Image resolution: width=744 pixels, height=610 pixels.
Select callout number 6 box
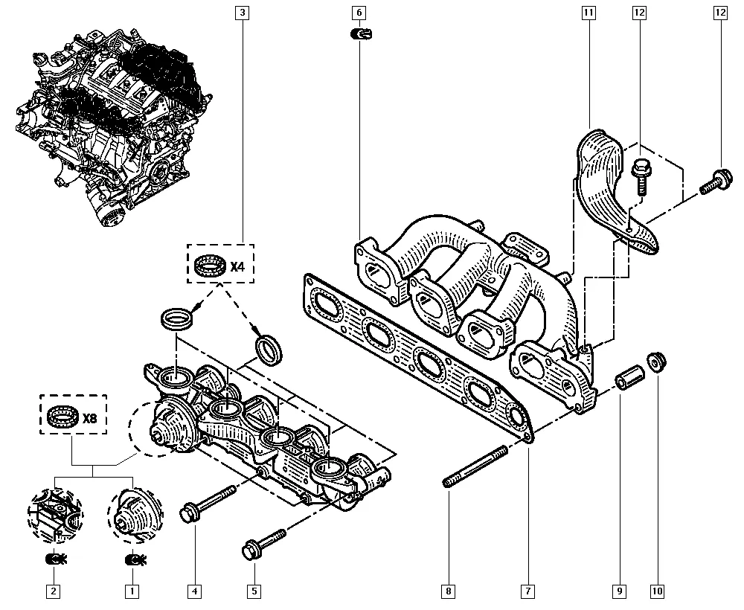[x=358, y=13]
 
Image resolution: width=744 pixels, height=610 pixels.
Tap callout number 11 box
[x=589, y=13]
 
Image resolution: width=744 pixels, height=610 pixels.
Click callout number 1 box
[x=131, y=592]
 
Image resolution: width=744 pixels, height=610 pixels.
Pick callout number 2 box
[x=53, y=592]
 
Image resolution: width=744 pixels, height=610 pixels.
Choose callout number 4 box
[x=194, y=592]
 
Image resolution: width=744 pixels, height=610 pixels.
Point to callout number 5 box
[x=254, y=592]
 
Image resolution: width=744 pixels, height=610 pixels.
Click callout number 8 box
[x=448, y=592]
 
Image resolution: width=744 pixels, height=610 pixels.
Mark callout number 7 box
[x=527, y=592]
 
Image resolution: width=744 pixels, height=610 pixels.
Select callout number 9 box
[x=619, y=592]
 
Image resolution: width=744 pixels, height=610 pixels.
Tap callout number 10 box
[x=657, y=592]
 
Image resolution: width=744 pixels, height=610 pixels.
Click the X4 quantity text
[x=237, y=266]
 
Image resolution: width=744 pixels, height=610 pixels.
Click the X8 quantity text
[x=90, y=418]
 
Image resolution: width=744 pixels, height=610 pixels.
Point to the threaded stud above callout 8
[x=476, y=467]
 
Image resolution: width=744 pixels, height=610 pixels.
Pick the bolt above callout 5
[x=263, y=543]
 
